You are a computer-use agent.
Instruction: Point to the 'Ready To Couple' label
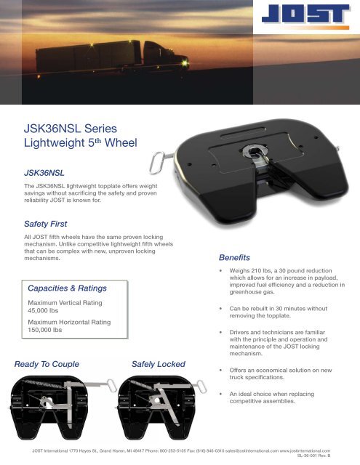[46, 363]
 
